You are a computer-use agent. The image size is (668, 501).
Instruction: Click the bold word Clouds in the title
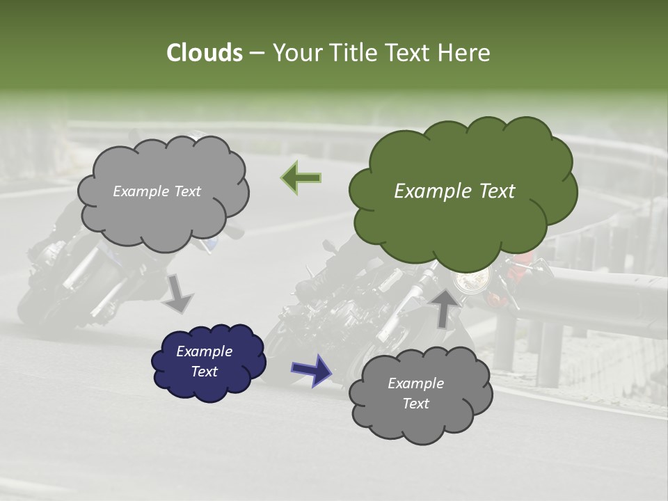(x=204, y=53)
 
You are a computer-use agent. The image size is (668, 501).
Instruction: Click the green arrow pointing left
(x=301, y=178)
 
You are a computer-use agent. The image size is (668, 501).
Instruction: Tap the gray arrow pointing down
(x=178, y=293)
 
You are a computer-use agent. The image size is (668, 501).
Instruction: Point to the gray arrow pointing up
(x=443, y=307)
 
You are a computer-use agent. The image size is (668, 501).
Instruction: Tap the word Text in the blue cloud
(x=205, y=372)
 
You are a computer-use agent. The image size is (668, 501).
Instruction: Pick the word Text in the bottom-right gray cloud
(x=415, y=404)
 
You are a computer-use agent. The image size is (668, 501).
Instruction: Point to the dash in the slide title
(x=256, y=53)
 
